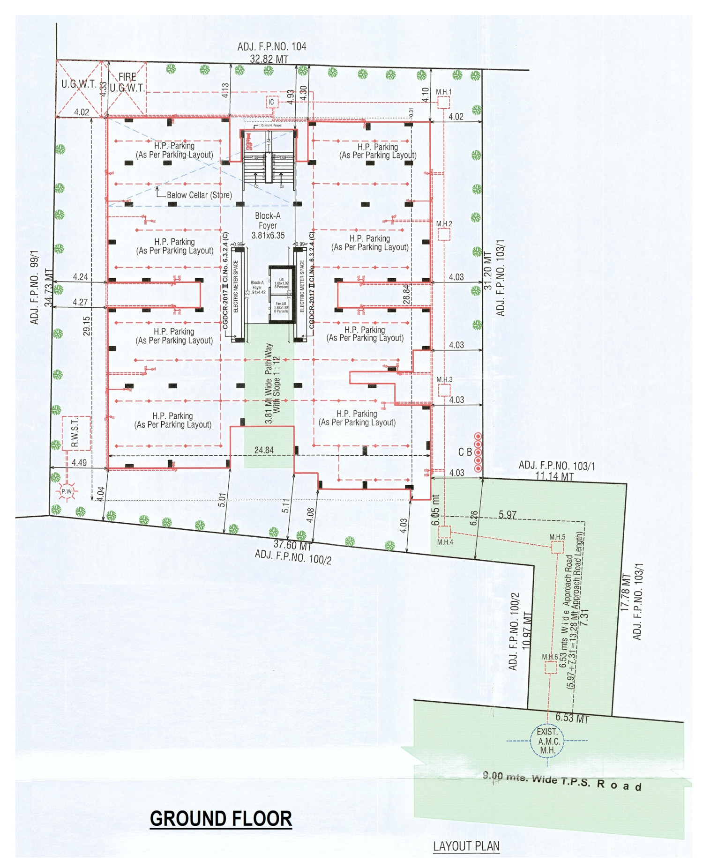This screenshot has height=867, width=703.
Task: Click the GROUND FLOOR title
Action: point(221,818)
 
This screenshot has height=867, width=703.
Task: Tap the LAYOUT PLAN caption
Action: point(466,846)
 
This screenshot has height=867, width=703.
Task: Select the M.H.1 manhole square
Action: point(443,103)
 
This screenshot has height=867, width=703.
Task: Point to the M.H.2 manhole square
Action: point(444,234)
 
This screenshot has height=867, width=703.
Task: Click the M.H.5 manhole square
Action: point(557,547)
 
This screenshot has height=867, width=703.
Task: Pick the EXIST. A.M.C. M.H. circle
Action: point(547,741)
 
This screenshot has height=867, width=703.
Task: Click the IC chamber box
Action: point(271,102)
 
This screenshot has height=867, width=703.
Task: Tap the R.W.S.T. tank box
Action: point(76,433)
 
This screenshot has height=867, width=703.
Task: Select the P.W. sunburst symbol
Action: point(67,491)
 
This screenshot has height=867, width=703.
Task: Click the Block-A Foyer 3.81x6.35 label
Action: point(268,225)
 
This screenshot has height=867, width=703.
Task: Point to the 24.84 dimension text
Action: point(264,450)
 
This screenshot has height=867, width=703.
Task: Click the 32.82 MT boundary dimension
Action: point(269,59)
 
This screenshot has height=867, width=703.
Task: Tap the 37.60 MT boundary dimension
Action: point(292,545)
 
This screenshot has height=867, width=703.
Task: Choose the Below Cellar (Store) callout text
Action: point(199,195)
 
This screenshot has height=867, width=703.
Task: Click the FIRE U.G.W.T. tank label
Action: point(127,82)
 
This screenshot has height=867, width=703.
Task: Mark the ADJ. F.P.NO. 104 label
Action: point(271,46)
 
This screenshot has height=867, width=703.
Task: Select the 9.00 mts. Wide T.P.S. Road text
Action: point(562,781)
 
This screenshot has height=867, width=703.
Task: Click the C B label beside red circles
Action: point(465,452)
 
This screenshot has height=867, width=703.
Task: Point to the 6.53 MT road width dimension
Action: point(572,718)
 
